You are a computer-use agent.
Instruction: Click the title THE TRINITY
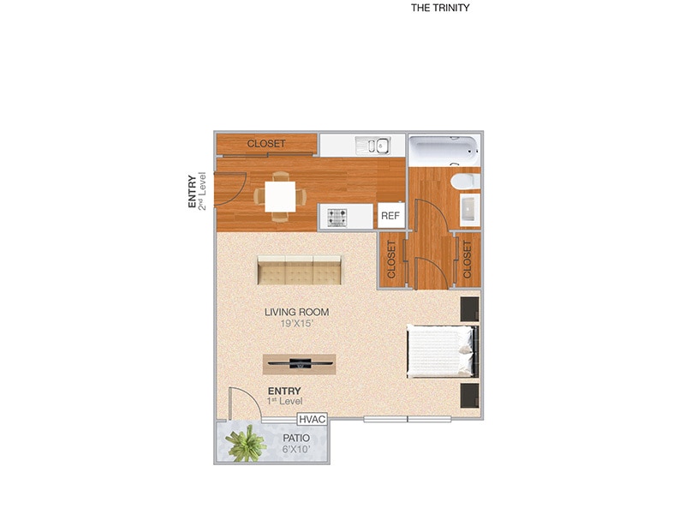[x=440, y=8]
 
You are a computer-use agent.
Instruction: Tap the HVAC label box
[x=311, y=420]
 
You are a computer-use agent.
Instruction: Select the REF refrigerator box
[x=391, y=216]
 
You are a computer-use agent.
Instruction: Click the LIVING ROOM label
[x=296, y=313]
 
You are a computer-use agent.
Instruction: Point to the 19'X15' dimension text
[x=296, y=325]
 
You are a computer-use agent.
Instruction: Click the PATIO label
[x=296, y=438]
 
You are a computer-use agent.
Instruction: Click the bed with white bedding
[x=439, y=350]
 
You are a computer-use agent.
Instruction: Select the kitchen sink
[x=373, y=146]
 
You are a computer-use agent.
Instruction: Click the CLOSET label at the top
[x=266, y=144]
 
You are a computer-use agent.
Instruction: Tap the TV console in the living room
[x=299, y=363]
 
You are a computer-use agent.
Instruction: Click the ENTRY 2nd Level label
[x=198, y=192]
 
